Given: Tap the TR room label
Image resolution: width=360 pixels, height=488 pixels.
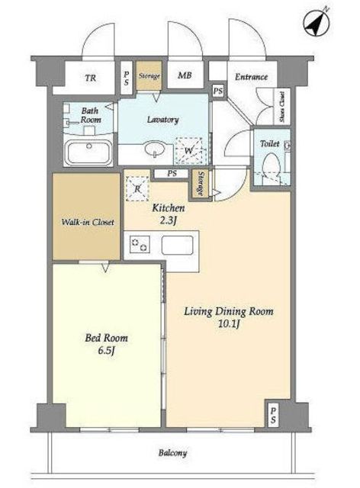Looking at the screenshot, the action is [x=91, y=78].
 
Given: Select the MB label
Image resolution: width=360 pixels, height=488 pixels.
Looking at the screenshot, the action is [x=185, y=75].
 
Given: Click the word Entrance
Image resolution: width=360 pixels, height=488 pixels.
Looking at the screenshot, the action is [x=251, y=77].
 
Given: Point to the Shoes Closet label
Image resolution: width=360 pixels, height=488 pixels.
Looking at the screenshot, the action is [x=282, y=107].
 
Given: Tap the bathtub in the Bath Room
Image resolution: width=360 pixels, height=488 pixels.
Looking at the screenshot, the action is [x=88, y=152].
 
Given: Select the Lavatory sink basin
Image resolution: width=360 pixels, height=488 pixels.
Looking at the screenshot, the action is [x=155, y=149].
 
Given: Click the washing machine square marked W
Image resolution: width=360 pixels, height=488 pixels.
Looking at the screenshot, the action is [x=188, y=151].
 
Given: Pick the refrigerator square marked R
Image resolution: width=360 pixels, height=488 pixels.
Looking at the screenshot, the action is [x=137, y=188].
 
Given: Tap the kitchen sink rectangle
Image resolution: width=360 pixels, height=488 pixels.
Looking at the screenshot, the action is [x=177, y=246].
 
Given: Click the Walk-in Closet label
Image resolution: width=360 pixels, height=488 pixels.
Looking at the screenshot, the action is [x=88, y=222].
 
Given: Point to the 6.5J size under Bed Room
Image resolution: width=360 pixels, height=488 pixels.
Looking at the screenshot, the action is [x=106, y=351].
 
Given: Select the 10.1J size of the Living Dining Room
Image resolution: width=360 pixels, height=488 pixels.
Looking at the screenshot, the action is [x=229, y=324].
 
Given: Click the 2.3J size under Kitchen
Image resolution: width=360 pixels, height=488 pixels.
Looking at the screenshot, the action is [x=169, y=220].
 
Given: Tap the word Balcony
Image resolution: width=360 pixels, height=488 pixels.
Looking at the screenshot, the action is [x=172, y=453].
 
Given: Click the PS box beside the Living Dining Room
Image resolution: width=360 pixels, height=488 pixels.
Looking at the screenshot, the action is [x=273, y=416].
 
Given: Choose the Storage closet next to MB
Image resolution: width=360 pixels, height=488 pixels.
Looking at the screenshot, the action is [x=149, y=75].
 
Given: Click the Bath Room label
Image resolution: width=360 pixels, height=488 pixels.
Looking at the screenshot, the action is [x=91, y=115].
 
